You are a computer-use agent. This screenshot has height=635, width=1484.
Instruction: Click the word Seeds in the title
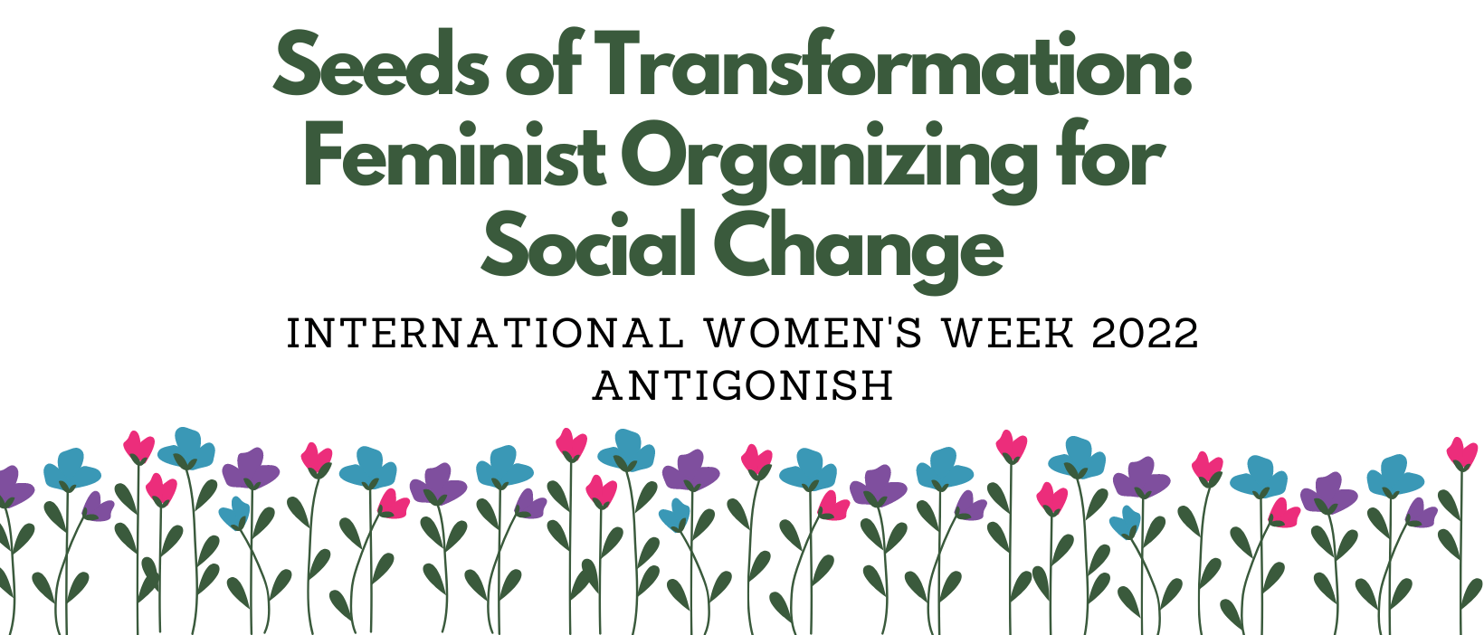[x=382, y=64]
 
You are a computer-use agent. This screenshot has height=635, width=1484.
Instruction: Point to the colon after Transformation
[x=1179, y=70]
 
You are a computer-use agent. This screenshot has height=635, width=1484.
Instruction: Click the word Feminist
[x=455, y=154]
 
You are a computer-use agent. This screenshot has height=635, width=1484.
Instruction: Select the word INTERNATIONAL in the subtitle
[x=484, y=333]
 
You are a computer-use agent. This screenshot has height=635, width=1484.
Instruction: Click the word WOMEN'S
[x=813, y=333]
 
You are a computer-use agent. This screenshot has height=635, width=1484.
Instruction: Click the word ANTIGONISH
[x=743, y=386]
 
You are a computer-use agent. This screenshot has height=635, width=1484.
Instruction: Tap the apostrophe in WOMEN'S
[x=878, y=324]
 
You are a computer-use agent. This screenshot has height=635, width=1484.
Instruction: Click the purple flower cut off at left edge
[x=14, y=486]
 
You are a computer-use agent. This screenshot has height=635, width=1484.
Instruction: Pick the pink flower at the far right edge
[x=1461, y=453]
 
